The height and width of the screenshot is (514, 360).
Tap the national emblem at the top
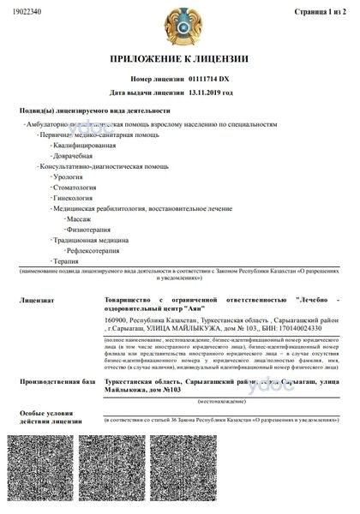pyautogui.click(x=180, y=23)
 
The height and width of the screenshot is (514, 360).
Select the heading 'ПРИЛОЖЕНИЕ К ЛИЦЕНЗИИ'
pyautogui.click(x=179, y=58)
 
